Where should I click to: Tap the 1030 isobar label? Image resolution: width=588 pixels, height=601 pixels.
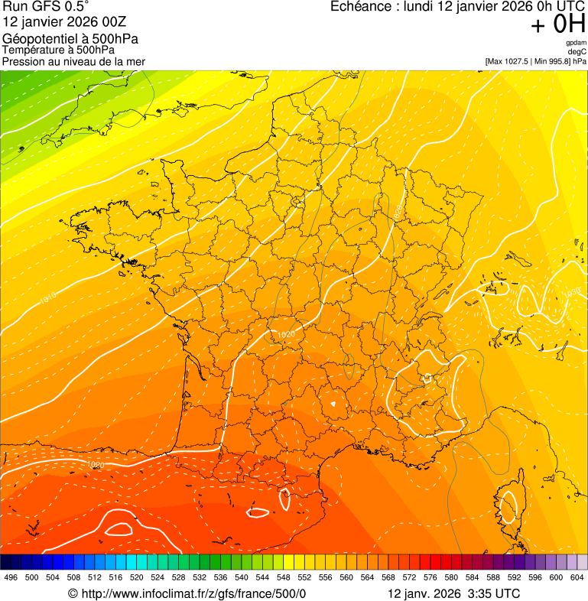click(572, 293)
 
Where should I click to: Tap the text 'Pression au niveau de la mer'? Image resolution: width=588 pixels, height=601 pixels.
click(73, 61)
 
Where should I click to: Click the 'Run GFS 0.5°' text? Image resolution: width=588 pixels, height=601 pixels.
click(45, 7)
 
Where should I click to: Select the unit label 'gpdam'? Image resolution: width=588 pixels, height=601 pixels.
click(576, 43)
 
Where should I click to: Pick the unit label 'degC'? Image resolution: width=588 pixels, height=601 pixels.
click(577, 52)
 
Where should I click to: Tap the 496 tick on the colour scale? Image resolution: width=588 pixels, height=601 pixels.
click(11, 577)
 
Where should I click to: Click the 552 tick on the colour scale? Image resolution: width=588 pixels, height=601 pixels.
click(304, 577)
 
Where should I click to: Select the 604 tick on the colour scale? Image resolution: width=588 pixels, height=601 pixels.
click(577, 577)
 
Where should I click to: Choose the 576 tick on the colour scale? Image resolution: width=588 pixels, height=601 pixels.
click(430, 577)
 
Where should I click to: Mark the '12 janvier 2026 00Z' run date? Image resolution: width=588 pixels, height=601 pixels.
click(65, 22)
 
